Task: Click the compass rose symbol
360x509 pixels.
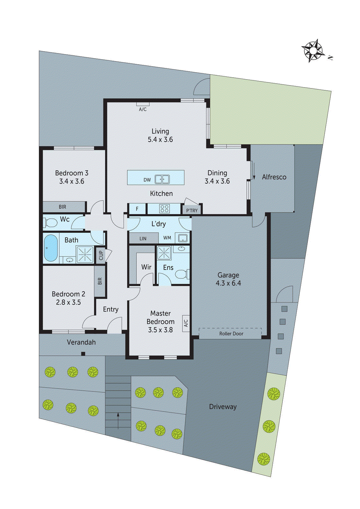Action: (313, 51)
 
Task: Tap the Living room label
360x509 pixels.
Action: (160, 131)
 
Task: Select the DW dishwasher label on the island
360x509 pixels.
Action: (147, 180)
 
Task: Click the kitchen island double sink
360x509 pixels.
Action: (162, 179)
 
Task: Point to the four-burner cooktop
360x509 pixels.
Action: (164, 209)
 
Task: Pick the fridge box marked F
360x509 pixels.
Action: (137, 209)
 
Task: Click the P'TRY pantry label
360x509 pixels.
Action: (192, 210)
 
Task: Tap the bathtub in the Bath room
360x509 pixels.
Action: (51, 248)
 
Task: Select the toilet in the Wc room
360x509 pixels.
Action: (50, 222)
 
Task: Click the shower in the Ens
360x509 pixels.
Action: (164, 253)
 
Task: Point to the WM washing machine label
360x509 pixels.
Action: (167, 238)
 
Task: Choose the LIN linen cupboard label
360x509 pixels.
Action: (143, 238)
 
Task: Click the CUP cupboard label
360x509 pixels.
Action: (101, 255)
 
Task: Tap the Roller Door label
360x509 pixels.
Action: (231, 333)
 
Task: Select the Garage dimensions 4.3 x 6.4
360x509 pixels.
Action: (228, 283)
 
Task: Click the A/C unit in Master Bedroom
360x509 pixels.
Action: (186, 323)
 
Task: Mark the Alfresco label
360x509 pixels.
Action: (274, 177)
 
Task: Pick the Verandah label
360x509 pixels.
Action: (81, 342)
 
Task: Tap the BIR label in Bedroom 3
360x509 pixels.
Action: (62, 207)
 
